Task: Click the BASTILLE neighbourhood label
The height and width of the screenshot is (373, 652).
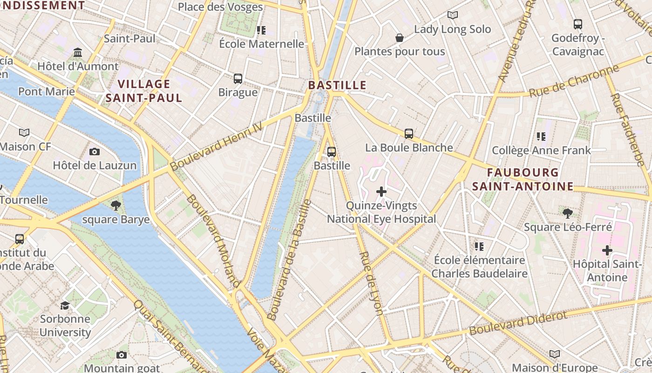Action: click(x=337, y=85)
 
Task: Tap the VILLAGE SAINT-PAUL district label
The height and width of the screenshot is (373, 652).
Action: click(x=143, y=91)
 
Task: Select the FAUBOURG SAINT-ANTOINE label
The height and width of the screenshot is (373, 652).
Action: click(x=523, y=180)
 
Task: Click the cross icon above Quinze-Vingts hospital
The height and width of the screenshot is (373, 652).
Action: click(x=381, y=191)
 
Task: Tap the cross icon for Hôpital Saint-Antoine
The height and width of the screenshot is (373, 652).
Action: click(x=607, y=250)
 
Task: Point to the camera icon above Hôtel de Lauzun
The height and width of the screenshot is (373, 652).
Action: click(x=95, y=152)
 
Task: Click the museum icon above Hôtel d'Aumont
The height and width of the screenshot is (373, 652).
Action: click(x=78, y=53)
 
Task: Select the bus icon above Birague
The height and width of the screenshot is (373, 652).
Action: click(x=238, y=78)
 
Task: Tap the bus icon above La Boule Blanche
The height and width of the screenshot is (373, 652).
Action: click(x=409, y=134)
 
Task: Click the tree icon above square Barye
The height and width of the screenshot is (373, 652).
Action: click(x=116, y=205)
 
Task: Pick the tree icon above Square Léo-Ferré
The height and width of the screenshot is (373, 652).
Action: click(x=567, y=214)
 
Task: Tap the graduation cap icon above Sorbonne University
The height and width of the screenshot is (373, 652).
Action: click(x=65, y=305)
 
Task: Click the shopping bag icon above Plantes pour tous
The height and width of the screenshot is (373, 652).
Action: click(x=400, y=38)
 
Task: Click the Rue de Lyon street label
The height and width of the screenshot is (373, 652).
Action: click(x=372, y=283)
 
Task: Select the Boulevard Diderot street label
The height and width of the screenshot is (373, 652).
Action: click(x=518, y=323)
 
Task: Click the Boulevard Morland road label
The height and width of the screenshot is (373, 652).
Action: click(x=213, y=241)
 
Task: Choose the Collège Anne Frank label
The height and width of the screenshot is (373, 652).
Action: click(x=541, y=151)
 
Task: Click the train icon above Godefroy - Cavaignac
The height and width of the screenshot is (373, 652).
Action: click(x=578, y=24)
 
